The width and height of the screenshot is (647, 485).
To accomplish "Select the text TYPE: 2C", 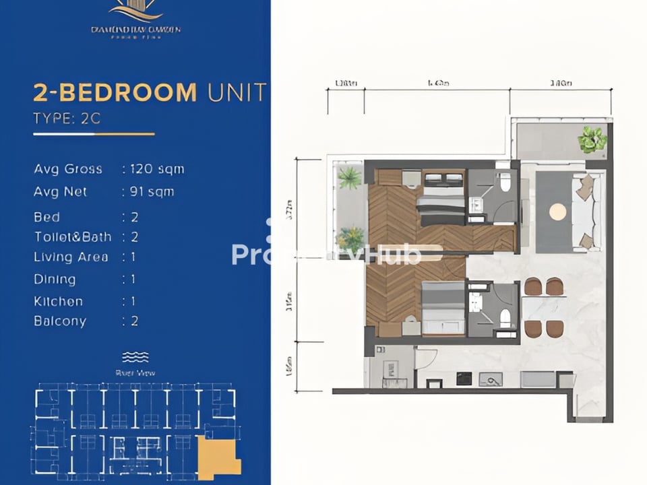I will [x=67, y=119].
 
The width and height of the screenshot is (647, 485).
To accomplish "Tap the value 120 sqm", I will [x=157, y=168].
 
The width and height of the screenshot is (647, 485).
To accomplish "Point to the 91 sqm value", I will [x=152, y=192].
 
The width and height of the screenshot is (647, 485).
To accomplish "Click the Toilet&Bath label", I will [x=73, y=237].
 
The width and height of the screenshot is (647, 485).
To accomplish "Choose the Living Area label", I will [x=71, y=257].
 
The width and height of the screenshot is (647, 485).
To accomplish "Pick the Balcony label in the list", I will [x=60, y=321].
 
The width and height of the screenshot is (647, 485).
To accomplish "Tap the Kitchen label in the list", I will [x=59, y=301].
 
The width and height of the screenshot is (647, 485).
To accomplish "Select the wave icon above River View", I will [x=135, y=356].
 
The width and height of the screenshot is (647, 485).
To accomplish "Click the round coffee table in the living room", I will [x=557, y=212].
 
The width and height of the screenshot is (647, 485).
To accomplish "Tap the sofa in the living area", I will [x=585, y=212].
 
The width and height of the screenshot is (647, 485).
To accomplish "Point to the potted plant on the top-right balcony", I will [x=592, y=139].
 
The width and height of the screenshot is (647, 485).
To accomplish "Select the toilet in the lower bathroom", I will [x=505, y=317].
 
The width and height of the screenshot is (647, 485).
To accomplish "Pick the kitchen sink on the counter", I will [x=491, y=379].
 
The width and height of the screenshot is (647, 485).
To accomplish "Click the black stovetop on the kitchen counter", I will [x=464, y=379].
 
